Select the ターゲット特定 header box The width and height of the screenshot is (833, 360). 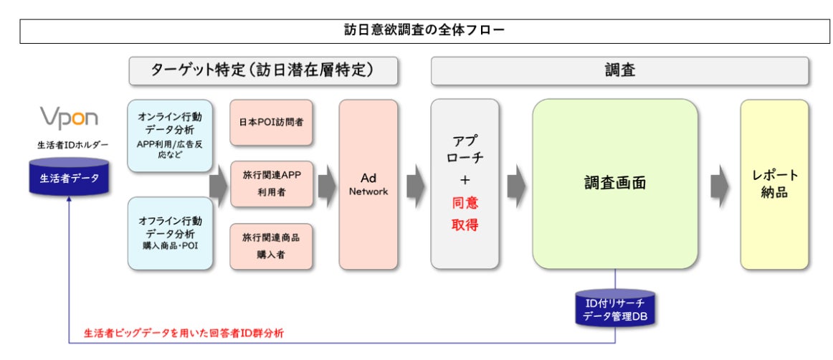[264, 71]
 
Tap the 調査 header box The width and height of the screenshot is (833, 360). [619, 71]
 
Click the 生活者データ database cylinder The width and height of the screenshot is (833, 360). [69, 179]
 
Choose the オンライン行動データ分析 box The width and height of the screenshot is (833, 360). [170, 136]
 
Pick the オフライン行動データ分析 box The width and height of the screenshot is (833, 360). [170, 233]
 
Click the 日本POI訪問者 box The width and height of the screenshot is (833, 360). [271, 122]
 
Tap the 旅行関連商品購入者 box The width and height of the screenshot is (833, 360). [271, 246]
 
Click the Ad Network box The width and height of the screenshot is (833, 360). [368, 184]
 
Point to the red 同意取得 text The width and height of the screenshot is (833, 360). [465, 214]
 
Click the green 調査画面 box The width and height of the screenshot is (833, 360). [614, 184]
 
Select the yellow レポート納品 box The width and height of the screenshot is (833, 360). [774, 184]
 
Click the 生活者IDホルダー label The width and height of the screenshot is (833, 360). [69, 146]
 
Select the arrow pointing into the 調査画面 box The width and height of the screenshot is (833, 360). [515, 185]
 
